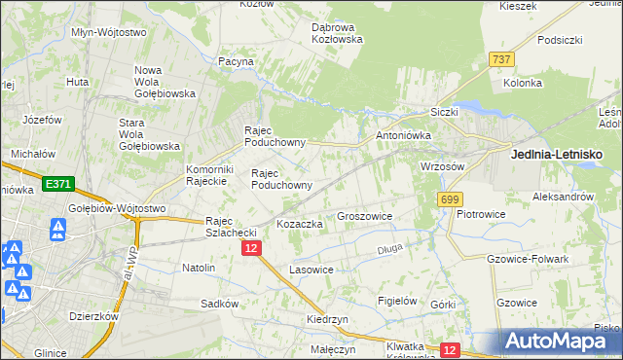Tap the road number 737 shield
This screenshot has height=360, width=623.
click(x=502, y=59)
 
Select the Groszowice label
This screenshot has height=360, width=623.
click(x=364, y=216)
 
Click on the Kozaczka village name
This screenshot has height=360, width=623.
click(x=299, y=224)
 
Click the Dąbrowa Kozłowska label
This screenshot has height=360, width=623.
click(x=337, y=33)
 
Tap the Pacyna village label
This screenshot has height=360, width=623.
click(x=236, y=61)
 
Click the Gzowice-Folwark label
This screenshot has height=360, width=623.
click(x=526, y=259)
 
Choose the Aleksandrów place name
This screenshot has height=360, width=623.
click(x=563, y=196)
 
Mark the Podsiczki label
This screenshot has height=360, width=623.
click(x=559, y=41)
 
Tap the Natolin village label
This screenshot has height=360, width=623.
click(x=199, y=267)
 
